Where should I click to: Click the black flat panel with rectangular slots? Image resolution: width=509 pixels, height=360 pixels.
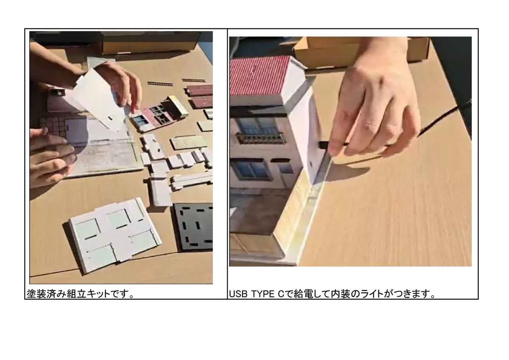(193, 227)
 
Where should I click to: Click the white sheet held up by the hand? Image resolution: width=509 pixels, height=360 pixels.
(98, 98)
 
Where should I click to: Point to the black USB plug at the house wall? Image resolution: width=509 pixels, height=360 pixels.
(323, 144)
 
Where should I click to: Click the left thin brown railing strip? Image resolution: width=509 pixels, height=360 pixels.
(160, 84)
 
